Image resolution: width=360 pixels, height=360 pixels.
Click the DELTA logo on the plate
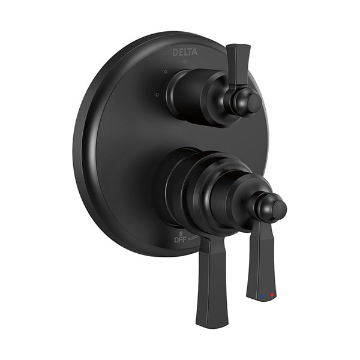(x=185, y=52)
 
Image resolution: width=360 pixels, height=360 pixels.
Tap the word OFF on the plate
(x=180, y=240)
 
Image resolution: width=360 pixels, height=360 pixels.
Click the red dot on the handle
(x=272, y=295)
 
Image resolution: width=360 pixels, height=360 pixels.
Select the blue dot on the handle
(x=262, y=296)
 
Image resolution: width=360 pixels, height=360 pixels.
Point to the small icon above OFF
(x=181, y=234)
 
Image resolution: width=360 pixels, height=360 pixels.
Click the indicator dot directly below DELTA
(x=185, y=61)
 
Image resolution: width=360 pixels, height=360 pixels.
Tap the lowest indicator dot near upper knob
(x=157, y=94)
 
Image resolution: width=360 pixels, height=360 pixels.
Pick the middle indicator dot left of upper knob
(x=166, y=72)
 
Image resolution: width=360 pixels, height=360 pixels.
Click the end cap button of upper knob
(x=254, y=104)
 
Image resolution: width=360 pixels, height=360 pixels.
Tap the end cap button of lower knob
(x=280, y=209)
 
